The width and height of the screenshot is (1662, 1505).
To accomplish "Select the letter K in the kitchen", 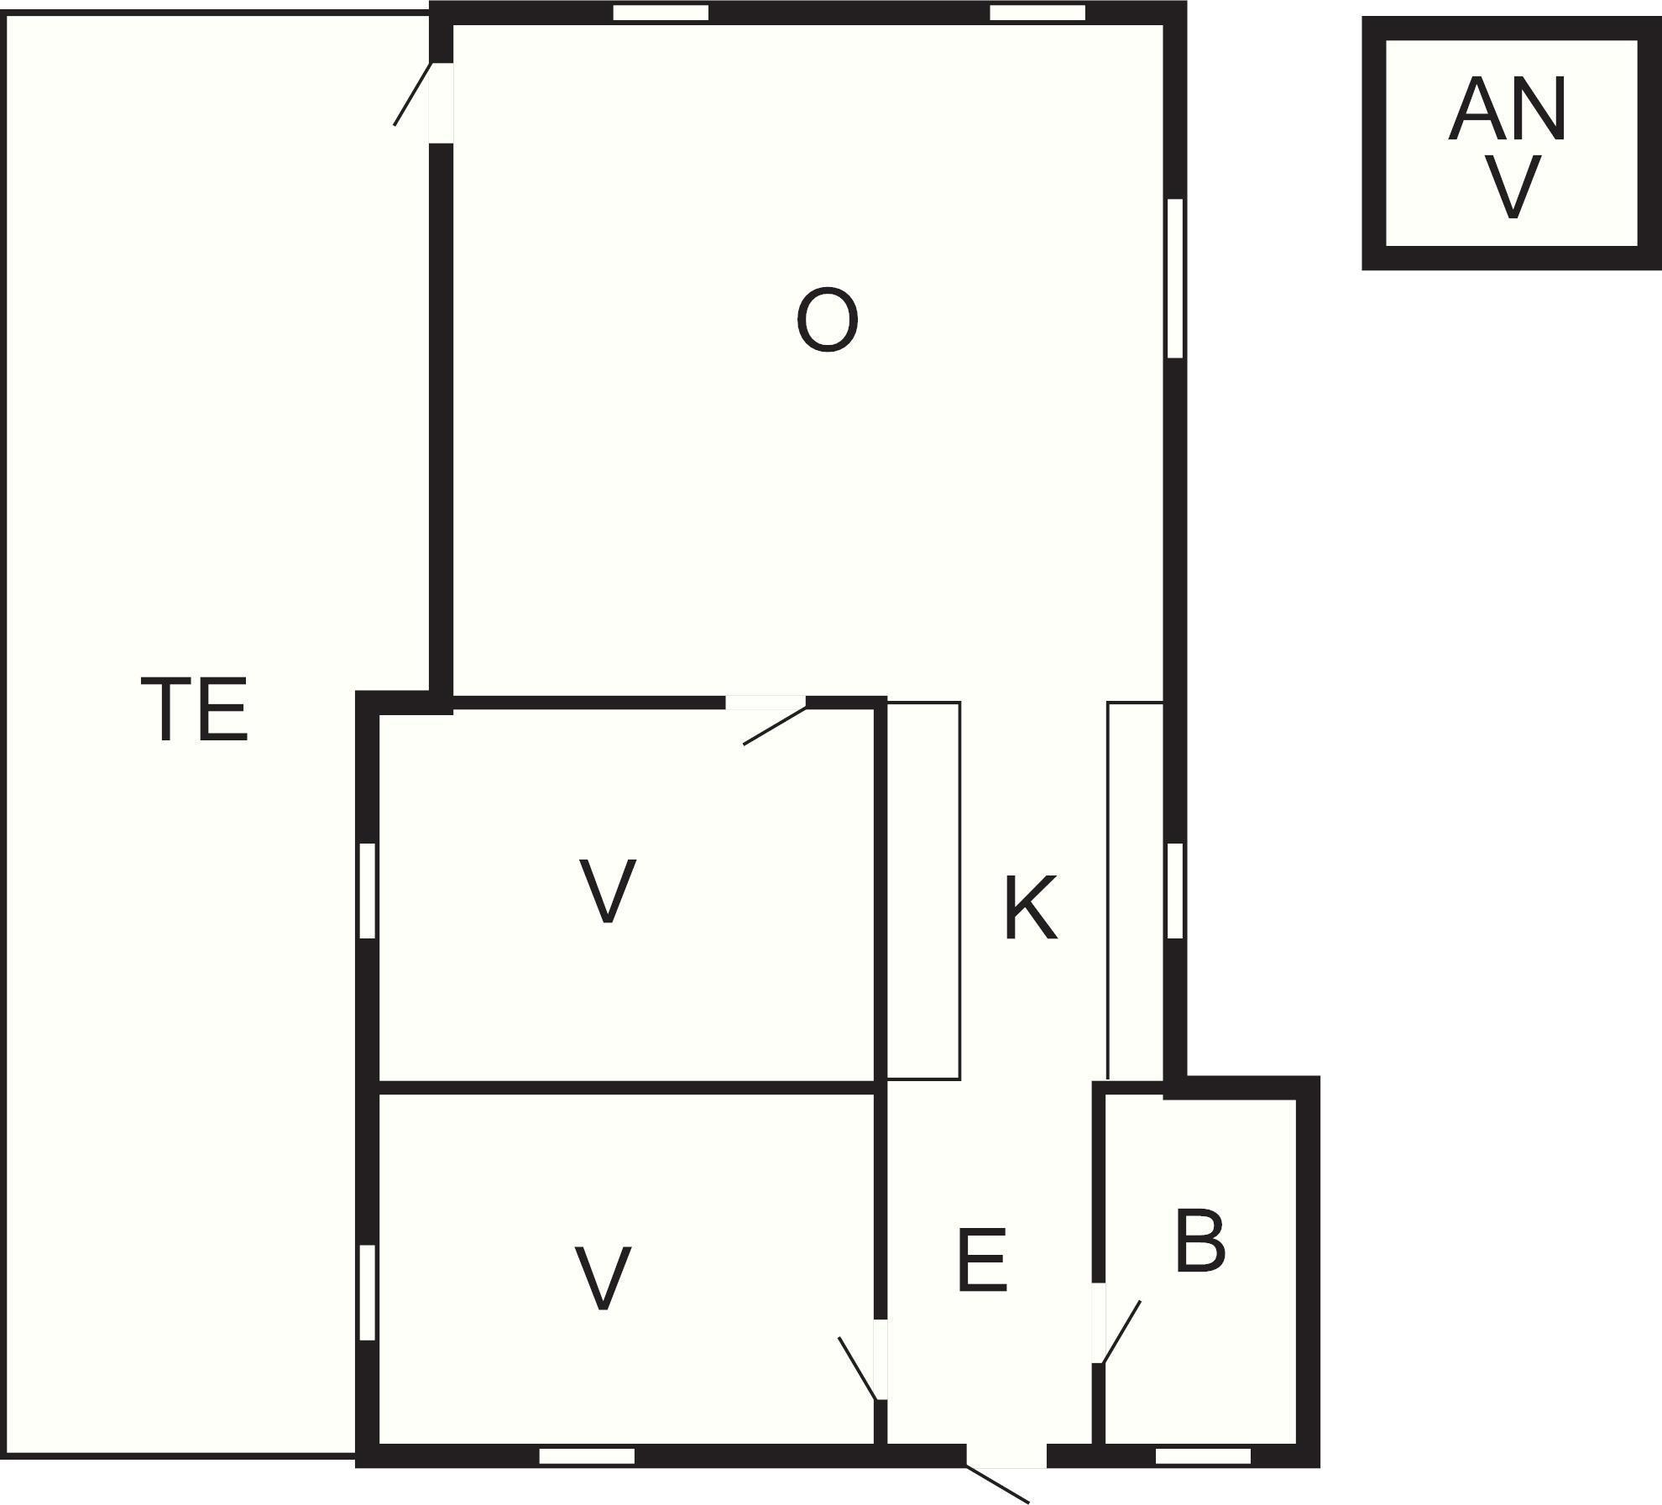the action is [1031, 907].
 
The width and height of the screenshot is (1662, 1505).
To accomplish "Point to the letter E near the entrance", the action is [981, 1260].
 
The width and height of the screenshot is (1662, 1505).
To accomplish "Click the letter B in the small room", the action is [1200, 1241].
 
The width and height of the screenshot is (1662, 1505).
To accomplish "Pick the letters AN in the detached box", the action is [1508, 109].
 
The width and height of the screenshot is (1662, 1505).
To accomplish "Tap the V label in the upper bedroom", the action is [607, 891].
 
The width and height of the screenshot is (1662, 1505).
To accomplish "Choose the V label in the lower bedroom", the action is [603, 1278].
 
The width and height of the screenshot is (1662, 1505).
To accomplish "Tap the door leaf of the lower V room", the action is [858, 1369].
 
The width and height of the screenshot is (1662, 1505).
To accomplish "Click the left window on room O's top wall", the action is [661, 13].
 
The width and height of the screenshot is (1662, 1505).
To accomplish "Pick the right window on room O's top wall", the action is [1037, 13].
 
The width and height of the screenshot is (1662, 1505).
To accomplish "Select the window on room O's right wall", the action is [1175, 279].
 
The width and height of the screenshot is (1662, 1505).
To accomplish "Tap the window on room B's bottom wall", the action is [1203, 1456].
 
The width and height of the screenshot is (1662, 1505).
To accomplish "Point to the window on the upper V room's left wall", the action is [367, 891].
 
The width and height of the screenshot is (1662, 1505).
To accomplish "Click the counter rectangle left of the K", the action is [923, 891].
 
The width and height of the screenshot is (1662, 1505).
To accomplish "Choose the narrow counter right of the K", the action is [1135, 891].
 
